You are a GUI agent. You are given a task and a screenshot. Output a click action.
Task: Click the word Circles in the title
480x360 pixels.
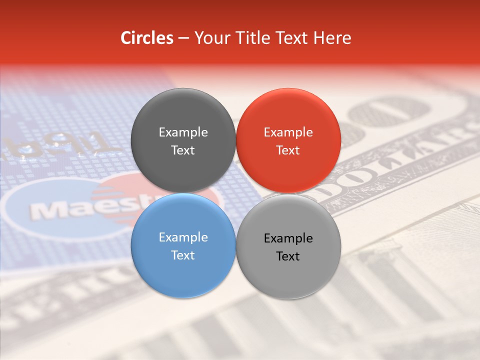coord(147,38)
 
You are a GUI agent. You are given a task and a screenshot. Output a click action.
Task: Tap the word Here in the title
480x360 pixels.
coord(332,38)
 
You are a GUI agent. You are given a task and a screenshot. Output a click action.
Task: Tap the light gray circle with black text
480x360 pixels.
coord(288,272)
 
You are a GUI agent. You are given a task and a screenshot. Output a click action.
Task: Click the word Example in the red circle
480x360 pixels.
coord(288,132)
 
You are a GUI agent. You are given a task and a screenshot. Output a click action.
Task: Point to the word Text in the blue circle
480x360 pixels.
coord(183,255)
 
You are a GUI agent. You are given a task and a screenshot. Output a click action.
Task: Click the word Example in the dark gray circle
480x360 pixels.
coord(183,132)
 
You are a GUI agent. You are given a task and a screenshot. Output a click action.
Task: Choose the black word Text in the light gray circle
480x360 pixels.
coord(288,256)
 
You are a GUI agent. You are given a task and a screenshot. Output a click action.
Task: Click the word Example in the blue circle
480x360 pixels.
coord(183,237)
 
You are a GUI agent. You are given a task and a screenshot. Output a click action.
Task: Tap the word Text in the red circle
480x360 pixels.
coord(288,150)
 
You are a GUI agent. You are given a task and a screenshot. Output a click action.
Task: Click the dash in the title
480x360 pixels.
coord(183,38)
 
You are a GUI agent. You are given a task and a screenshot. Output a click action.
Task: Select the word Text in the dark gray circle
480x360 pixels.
coord(183,150)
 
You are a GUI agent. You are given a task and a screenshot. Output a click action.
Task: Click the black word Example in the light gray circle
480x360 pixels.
coord(288,238)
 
